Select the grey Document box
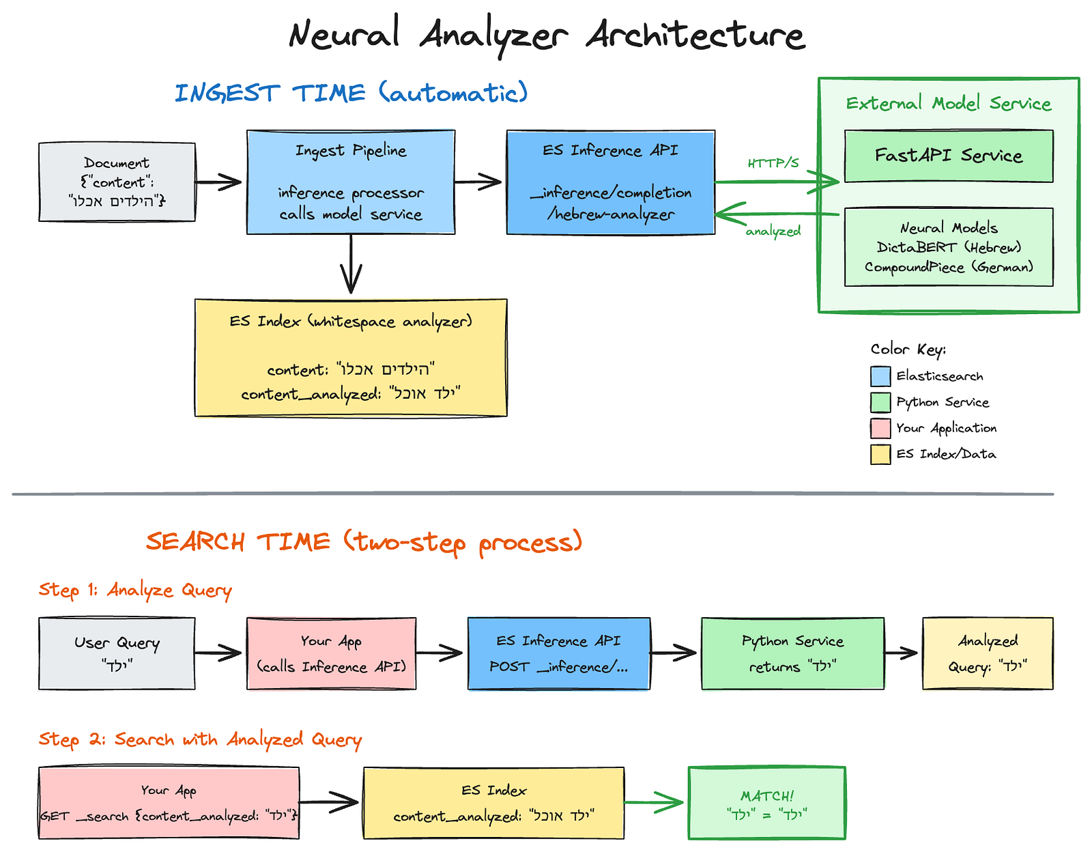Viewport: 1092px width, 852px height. [x=117, y=182]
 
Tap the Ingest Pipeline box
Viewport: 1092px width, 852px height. [x=351, y=182]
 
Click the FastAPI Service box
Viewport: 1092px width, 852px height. [x=949, y=156]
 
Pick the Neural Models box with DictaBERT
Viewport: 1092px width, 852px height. [x=949, y=247]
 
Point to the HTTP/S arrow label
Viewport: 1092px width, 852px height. [x=773, y=163]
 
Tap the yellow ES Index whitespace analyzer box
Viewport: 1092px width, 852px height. [x=351, y=358]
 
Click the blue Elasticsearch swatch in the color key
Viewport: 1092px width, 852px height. [x=880, y=376]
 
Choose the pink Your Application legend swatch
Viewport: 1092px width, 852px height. [x=880, y=428]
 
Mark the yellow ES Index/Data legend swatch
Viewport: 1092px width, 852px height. [x=880, y=454]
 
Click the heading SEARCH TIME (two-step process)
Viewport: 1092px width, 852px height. [x=364, y=542]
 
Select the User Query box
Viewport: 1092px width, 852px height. [x=117, y=653]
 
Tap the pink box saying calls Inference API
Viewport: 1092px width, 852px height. [x=331, y=653]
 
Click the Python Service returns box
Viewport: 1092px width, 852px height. [x=792, y=653]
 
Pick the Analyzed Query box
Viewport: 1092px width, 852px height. [x=988, y=653]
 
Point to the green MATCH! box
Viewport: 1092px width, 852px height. [x=766, y=804]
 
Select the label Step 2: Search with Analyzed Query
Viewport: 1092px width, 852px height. [x=200, y=740]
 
